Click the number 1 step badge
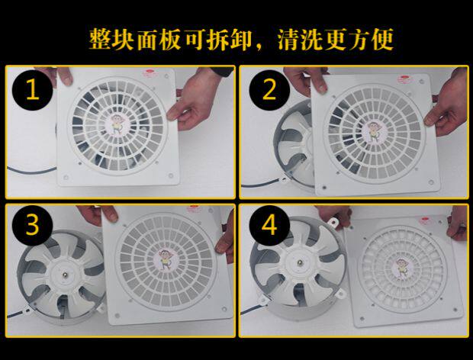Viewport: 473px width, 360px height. click(x=33, y=90)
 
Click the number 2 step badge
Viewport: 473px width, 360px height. click(x=269, y=89)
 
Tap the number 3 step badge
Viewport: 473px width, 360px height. click(x=33, y=225)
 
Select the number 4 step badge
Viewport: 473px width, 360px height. click(x=269, y=225)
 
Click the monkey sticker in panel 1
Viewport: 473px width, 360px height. click(x=116, y=125)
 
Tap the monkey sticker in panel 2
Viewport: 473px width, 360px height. click(x=374, y=132)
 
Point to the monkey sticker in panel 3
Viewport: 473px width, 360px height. click(x=166, y=259)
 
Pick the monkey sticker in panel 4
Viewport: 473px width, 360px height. click(x=401, y=268)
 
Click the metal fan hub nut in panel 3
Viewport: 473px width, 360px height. click(x=64, y=275)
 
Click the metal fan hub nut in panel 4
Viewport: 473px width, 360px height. click(x=300, y=264)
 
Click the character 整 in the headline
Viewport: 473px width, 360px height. click(x=100, y=40)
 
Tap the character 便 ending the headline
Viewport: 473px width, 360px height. click(x=382, y=40)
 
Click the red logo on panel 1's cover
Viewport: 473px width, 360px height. click(x=149, y=72)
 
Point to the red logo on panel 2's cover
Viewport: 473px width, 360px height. click(x=404, y=79)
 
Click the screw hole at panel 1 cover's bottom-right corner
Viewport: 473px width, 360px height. click(x=171, y=175)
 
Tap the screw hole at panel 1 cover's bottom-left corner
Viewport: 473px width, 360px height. click(x=66, y=176)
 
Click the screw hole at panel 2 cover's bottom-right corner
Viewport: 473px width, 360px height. click(x=431, y=182)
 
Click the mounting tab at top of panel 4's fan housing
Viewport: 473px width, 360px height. click(x=333, y=223)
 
